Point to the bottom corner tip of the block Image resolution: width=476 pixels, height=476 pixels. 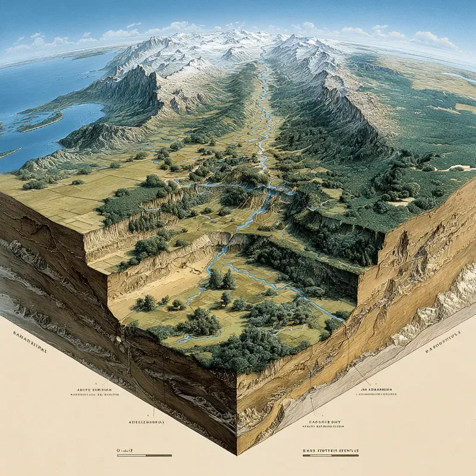(237, 453)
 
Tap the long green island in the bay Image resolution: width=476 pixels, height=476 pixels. (39, 123)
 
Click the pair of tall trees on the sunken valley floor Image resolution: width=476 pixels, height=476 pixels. (221, 279)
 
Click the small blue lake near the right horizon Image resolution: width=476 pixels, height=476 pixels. (458, 77)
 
